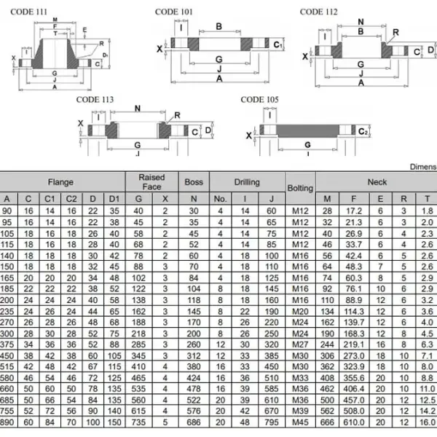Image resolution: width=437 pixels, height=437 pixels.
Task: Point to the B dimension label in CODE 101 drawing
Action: pyautogui.click(x=219, y=26)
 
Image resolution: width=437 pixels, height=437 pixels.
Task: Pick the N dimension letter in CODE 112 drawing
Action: pyautogui.click(x=361, y=22)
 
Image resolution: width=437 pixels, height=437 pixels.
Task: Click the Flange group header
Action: pyautogui.click(x=60, y=181)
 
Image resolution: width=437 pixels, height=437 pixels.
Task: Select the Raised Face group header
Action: pyautogui.click(x=151, y=181)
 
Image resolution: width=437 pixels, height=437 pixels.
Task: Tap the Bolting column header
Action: pyautogui.click(x=300, y=188)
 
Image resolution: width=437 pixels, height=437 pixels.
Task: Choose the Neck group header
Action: pyautogui.click(x=377, y=181)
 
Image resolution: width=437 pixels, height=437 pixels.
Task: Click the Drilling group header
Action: pyautogui.click(x=246, y=181)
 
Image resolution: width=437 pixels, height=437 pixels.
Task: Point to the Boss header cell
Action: pyautogui.click(x=194, y=181)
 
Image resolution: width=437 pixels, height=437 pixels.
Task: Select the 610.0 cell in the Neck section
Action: pyautogui.click(x=354, y=422)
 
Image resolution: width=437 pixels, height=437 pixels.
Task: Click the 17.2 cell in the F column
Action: pyautogui.click(x=354, y=210)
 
